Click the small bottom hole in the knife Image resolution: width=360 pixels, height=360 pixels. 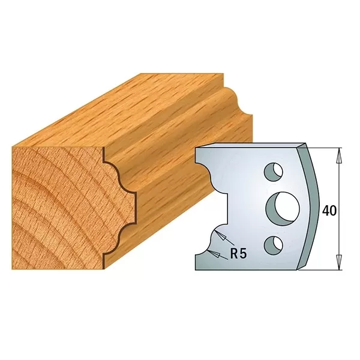(x=275, y=243)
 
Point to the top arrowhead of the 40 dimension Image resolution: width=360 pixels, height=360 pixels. (x=339, y=155)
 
